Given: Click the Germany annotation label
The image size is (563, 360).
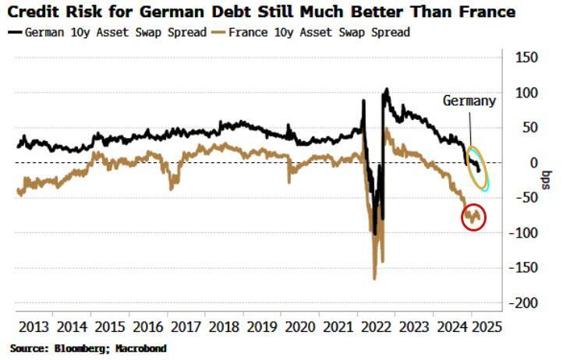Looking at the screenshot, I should pos(469,101).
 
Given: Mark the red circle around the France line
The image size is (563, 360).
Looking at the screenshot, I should pos(473,217).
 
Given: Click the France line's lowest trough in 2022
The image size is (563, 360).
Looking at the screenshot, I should pos(374,277).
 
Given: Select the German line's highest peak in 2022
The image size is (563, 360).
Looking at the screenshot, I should pos(386,90).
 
